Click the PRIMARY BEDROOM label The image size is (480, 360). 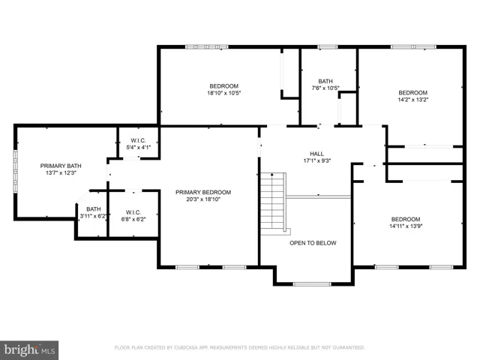[203, 192]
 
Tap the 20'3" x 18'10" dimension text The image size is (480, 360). [203, 199]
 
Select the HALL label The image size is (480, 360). [316, 154]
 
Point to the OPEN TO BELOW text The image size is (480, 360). [313, 243]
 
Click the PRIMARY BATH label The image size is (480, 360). [61, 166]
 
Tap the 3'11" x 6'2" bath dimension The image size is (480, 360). [93, 216]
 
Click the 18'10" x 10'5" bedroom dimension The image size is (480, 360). [224, 93]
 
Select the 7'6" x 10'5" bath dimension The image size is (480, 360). [325, 88]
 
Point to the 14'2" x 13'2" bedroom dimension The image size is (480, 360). [413, 100]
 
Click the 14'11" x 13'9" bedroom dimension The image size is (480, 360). [406, 226]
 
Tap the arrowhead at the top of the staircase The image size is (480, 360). [271, 175]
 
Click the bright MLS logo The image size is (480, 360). [29, 350]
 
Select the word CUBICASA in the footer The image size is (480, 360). [186, 348]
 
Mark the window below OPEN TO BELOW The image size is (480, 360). [312, 284]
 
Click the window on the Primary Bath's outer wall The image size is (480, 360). [15, 172]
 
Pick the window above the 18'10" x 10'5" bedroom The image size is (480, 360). [207, 46]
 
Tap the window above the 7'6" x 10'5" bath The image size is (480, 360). [328, 46]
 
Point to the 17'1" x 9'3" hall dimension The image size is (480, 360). [317, 160]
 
